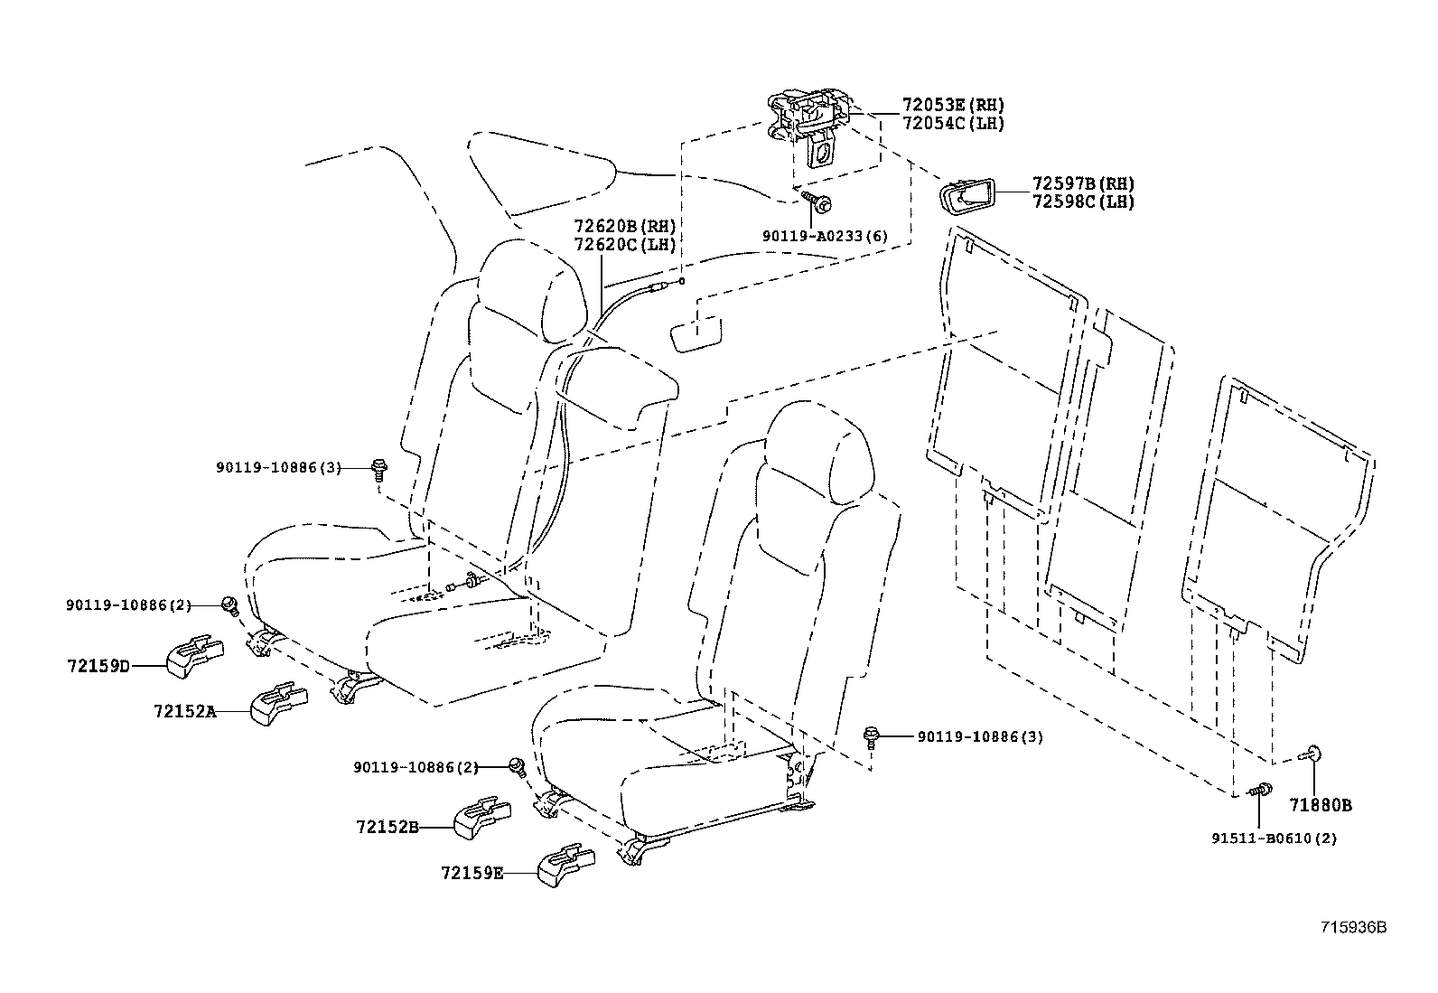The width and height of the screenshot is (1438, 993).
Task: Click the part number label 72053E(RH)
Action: coord(952,106)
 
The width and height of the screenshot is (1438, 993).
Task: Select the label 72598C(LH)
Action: coord(1082,202)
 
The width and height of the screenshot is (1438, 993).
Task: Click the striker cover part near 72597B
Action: coord(966,195)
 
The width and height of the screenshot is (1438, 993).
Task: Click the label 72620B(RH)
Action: coord(624,226)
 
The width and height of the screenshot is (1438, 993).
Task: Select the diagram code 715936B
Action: coord(1352,927)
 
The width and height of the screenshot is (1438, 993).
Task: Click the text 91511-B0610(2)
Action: coord(1274,838)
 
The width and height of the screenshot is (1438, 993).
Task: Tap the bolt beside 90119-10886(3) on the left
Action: coord(378,468)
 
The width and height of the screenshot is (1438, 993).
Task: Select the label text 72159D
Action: coord(98,667)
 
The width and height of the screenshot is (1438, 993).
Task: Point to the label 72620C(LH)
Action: coord(624,245)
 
